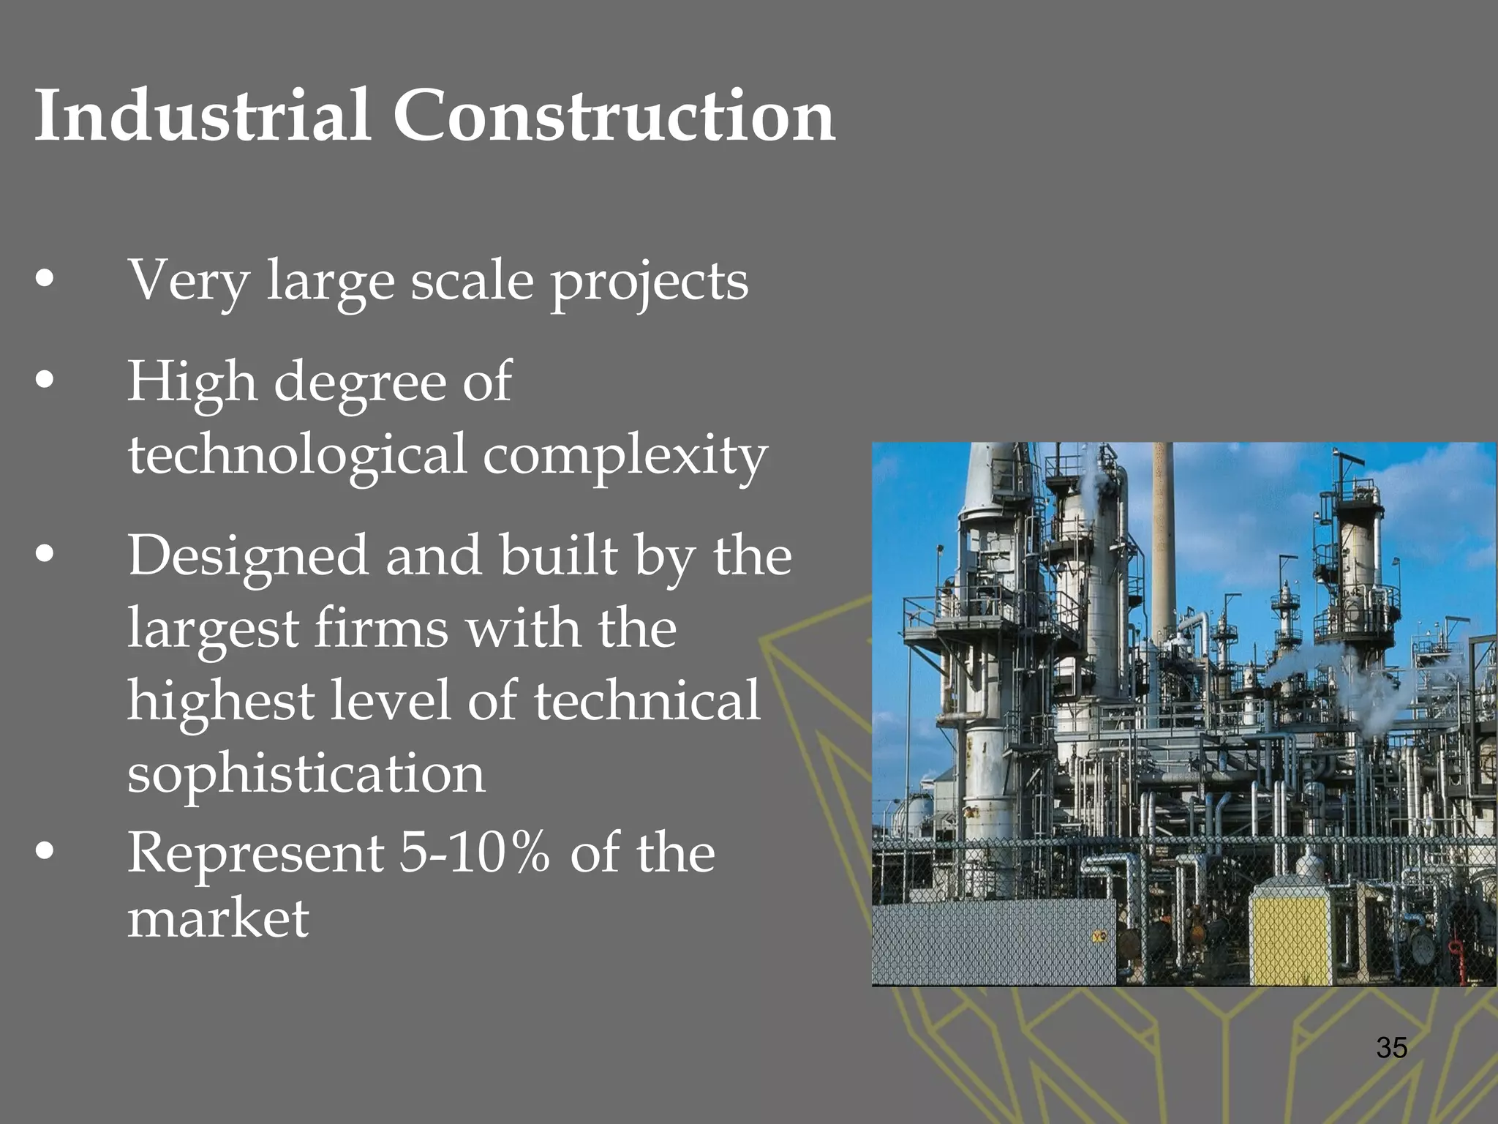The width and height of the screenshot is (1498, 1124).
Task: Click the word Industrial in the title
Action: tap(203, 116)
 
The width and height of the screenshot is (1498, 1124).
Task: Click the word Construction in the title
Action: tap(614, 116)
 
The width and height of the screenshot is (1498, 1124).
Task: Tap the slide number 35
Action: tap(1391, 1047)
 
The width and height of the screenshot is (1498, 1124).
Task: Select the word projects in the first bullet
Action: tap(650, 282)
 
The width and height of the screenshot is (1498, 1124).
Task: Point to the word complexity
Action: tap(625, 455)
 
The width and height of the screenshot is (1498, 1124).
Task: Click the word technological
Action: tap(297, 455)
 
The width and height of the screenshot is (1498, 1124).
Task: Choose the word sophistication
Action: tap(306, 773)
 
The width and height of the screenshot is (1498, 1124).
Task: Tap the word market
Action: tap(218, 918)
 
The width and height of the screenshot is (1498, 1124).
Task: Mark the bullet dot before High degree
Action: tap(45, 380)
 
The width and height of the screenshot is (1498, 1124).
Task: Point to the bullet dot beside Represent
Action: tap(45, 851)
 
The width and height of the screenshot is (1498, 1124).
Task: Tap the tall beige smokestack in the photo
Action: tap(1163, 542)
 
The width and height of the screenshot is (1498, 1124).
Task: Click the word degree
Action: tap(359, 383)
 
